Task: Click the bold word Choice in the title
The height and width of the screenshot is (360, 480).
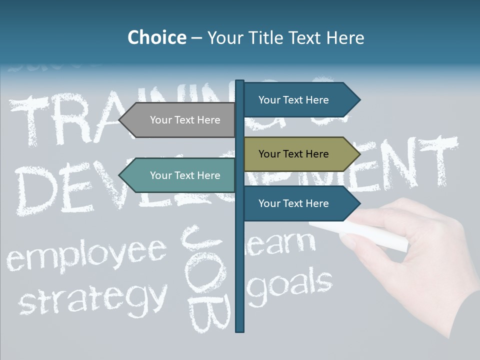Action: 156,37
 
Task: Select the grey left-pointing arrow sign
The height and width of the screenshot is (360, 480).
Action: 180,120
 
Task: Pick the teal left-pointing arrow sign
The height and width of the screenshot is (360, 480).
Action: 180,175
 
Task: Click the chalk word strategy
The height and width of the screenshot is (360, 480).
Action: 93,298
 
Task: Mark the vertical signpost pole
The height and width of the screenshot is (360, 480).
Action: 240,280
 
